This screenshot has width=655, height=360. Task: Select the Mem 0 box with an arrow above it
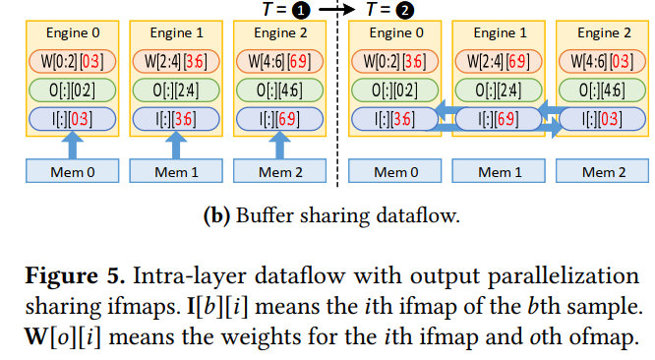69,172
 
